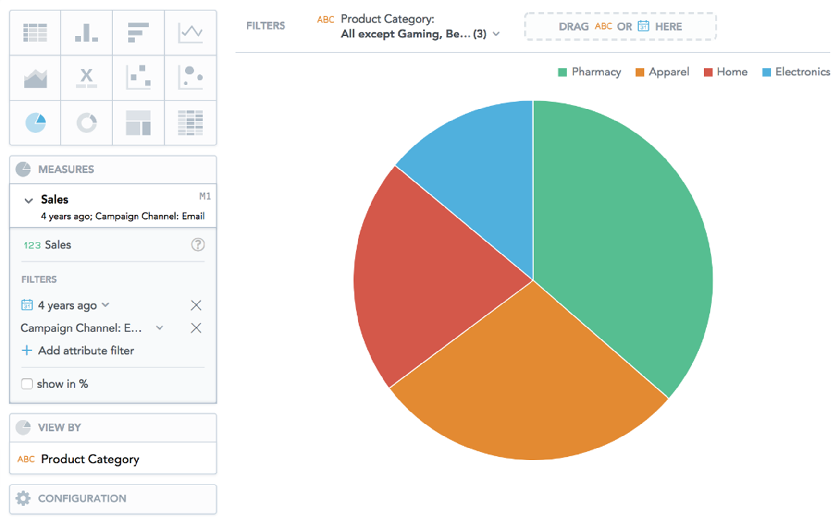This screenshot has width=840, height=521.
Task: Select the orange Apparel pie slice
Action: [529, 384]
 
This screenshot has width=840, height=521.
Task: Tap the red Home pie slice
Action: [423, 274]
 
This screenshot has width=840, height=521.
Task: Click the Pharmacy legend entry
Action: [590, 72]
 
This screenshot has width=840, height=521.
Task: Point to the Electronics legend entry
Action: [796, 72]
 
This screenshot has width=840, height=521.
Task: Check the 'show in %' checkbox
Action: [27, 384]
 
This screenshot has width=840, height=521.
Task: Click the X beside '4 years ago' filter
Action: [196, 305]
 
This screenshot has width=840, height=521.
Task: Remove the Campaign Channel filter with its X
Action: [196, 328]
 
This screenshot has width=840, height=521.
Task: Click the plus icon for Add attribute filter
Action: [27, 351]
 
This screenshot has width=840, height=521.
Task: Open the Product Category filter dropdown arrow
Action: [496, 34]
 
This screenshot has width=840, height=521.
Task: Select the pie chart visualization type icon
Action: [36, 122]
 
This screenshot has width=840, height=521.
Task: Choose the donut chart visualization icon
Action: [86, 122]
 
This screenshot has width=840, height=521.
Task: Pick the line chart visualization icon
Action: [190, 33]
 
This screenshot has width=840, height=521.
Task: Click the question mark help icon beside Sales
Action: [198, 245]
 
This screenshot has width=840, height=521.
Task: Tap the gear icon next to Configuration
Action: [23, 498]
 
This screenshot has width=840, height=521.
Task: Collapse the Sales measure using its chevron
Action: [28, 200]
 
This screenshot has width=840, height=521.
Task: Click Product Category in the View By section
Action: [90, 459]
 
